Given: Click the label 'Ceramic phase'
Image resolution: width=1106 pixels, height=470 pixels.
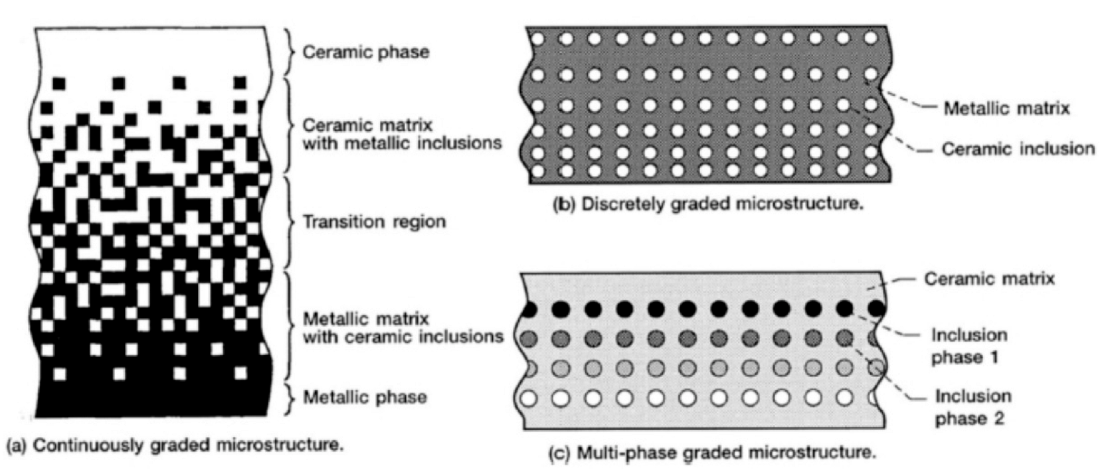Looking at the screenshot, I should (365, 52).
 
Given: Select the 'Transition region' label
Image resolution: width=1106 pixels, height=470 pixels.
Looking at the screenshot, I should (374, 221).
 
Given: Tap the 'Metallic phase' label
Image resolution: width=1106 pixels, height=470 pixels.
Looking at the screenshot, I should (365, 398).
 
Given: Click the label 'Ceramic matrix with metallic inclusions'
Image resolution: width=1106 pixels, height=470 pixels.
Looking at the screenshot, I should (402, 134).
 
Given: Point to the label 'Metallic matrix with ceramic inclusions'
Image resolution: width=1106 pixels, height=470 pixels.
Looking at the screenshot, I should (403, 328).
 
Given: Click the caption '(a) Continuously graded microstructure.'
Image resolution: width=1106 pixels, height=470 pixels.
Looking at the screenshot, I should (175, 445).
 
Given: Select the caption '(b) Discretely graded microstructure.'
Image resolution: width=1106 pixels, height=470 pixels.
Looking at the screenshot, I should (709, 204).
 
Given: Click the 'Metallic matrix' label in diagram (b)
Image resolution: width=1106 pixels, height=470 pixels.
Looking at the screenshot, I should (1007, 108).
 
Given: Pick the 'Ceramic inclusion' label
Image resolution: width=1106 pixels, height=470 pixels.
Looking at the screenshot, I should (1018, 149).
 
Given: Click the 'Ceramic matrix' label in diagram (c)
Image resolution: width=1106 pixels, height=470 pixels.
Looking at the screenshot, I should (989, 278).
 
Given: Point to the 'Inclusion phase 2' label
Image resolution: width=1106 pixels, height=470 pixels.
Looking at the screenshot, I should (972, 408).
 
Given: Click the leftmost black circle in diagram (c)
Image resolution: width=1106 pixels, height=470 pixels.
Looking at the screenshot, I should (529, 309).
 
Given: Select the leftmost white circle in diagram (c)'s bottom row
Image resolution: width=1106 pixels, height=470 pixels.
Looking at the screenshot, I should (529, 399).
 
